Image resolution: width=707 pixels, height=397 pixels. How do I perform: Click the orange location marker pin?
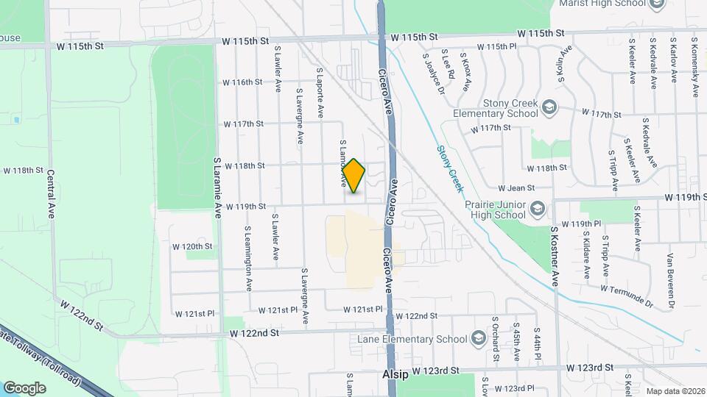point(354,176)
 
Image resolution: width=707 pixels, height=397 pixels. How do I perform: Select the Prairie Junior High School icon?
point(537,210)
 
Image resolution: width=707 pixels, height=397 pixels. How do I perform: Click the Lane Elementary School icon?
point(479,339)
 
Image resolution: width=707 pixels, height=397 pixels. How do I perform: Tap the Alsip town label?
point(395,374)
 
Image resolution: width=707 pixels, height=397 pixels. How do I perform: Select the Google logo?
point(25,387)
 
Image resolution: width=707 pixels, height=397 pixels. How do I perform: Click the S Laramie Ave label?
point(218,186)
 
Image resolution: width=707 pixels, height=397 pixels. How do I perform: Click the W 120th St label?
point(191,246)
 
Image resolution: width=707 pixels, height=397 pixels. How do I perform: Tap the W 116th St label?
point(243,82)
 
